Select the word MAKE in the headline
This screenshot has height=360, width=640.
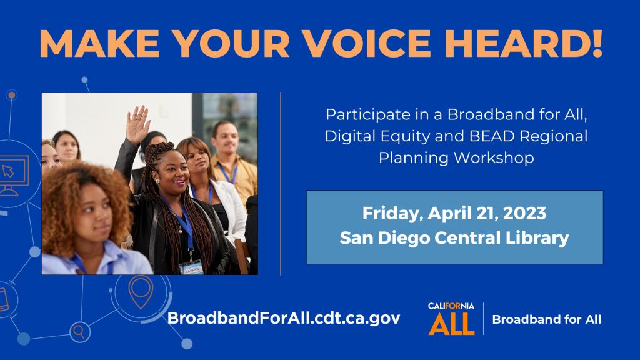pyautogui.click(x=99, y=43)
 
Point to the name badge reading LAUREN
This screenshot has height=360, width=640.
pyautogui.click(x=191, y=268)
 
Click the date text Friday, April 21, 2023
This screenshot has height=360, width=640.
pyautogui.click(x=454, y=214)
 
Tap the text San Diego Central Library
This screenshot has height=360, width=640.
pyautogui.click(x=454, y=238)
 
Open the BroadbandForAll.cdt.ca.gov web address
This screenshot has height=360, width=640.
pyautogui.click(x=284, y=318)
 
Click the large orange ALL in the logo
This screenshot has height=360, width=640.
pyautogui.click(x=451, y=323)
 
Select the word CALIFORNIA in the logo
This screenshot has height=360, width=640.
pyautogui.click(x=451, y=306)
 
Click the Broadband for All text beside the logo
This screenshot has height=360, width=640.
pyautogui.click(x=546, y=319)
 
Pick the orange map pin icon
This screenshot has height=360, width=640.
pyautogui.click(x=141, y=292)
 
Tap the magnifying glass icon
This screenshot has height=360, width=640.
pyautogui.click(x=79, y=332)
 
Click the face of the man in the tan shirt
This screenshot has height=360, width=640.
pyautogui.click(x=225, y=138)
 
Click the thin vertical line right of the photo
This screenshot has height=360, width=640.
pyautogui.click(x=281, y=184)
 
